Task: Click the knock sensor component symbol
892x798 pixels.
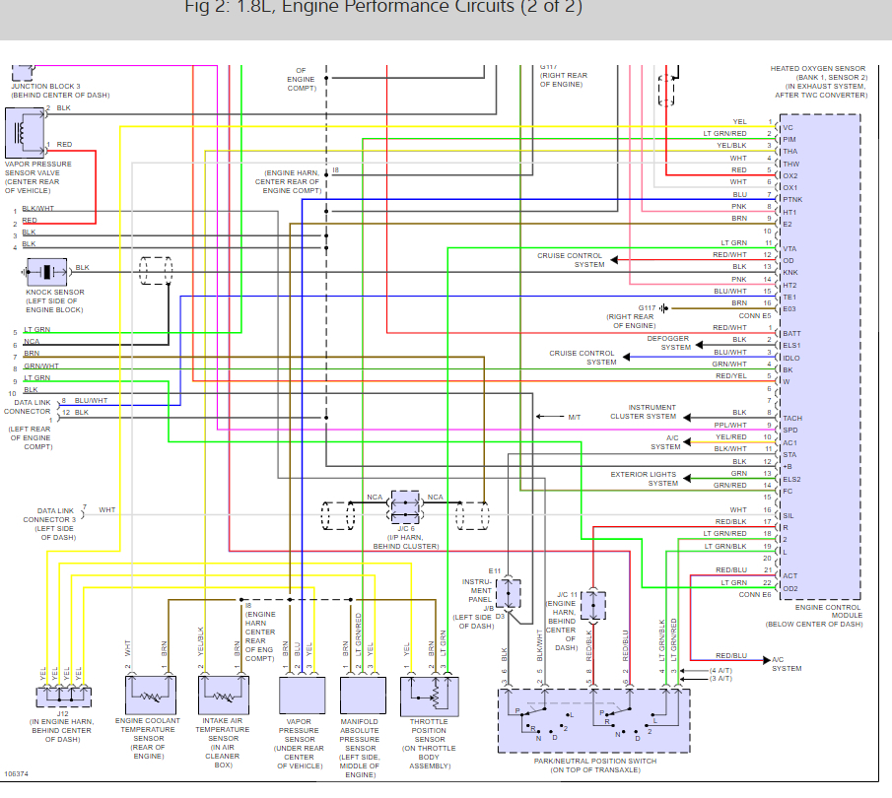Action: (46, 271)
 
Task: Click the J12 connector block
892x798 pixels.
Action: (65, 697)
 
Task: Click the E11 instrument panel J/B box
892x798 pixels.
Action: (509, 593)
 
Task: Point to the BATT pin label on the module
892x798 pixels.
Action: (791, 334)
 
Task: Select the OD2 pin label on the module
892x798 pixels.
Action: (790, 588)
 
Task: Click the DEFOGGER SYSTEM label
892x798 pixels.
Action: (669, 343)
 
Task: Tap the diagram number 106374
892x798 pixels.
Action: (17, 774)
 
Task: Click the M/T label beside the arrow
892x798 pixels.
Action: (575, 418)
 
